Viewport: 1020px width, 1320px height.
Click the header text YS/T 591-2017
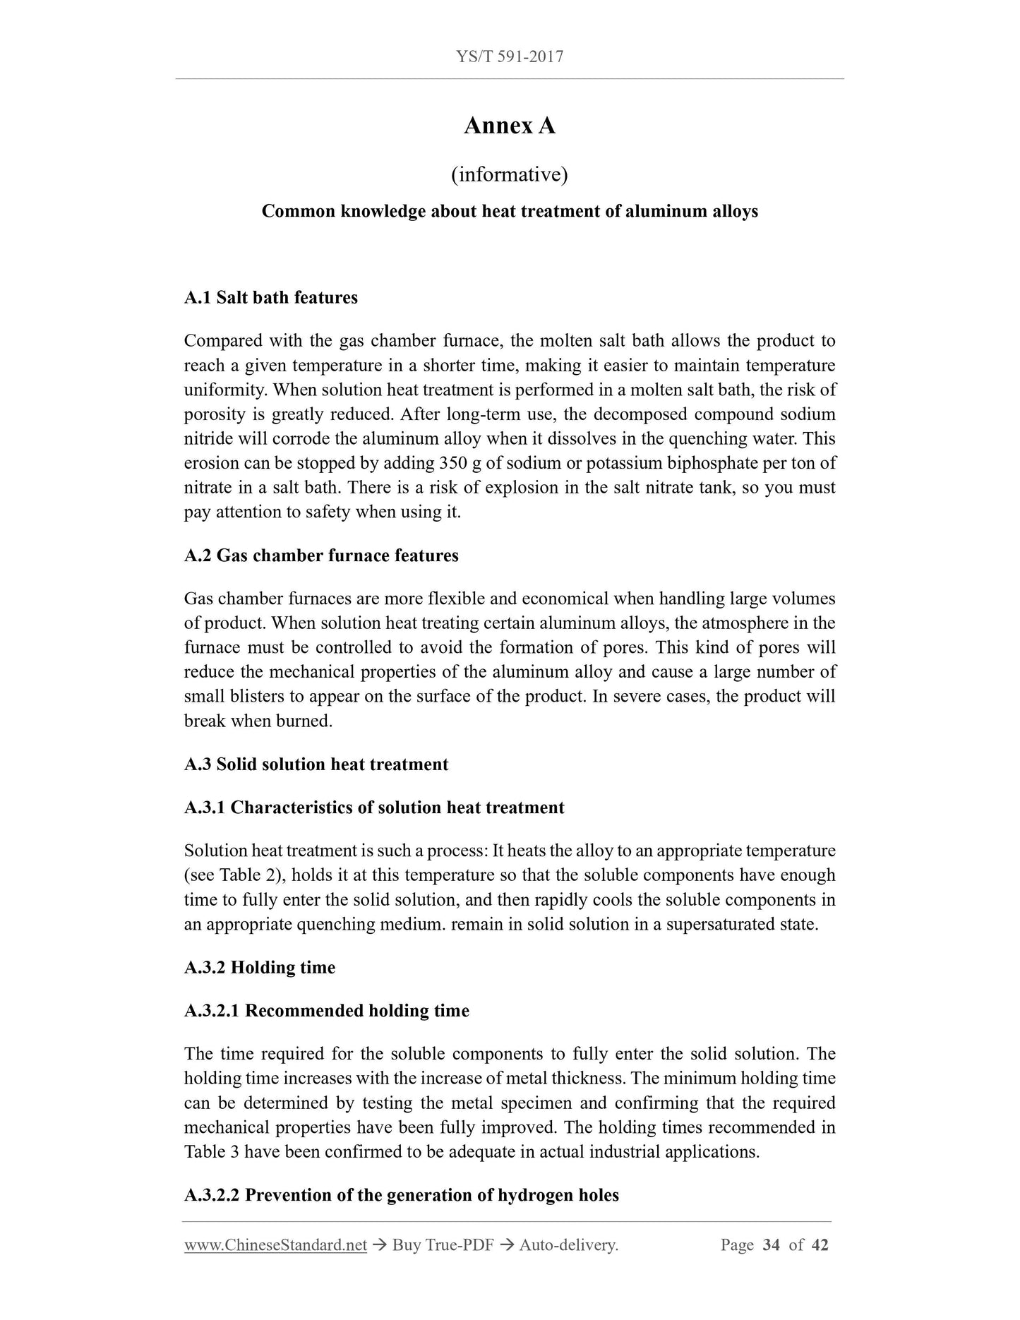click(510, 56)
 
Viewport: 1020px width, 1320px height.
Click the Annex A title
click(510, 126)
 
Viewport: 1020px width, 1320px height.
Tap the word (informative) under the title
click(510, 174)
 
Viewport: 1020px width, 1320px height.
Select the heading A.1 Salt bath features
click(271, 297)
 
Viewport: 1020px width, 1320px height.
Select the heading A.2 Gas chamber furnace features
click(321, 556)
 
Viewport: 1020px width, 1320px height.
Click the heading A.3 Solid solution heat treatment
click(316, 764)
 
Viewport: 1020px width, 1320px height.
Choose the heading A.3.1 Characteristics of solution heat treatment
click(374, 808)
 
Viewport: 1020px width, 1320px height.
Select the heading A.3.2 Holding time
click(260, 967)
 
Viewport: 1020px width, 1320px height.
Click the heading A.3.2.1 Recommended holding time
click(327, 1011)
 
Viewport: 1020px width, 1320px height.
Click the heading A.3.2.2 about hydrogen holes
click(402, 1195)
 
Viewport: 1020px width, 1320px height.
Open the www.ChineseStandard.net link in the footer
click(275, 1245)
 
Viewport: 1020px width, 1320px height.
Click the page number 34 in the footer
click(771, 1245)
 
